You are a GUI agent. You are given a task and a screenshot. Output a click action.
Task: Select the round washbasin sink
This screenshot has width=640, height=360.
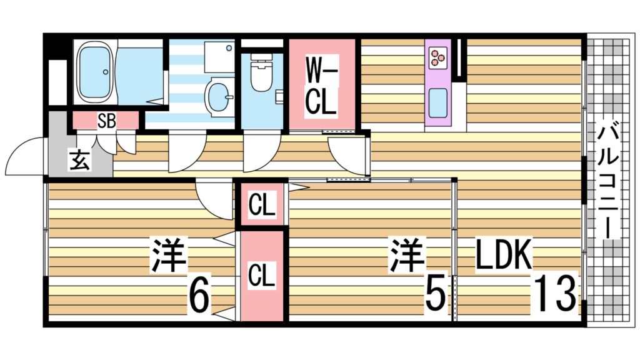pos(218,97)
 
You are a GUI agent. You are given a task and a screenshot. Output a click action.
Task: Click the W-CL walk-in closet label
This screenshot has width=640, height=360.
pos(321,84)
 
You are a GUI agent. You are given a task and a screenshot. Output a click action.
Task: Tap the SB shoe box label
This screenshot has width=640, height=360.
pos(106,121)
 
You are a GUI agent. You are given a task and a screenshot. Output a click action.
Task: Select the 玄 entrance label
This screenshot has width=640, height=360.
pos(79,161)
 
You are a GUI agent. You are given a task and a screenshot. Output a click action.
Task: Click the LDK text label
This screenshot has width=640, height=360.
pos(503,256)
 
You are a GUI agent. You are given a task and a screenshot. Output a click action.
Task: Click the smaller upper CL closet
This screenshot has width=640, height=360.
pos(262,204)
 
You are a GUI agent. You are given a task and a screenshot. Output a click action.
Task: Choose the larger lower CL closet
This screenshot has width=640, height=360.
pos(262,275)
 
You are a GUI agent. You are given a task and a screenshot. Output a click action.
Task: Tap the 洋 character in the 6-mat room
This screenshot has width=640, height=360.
pos(168,256)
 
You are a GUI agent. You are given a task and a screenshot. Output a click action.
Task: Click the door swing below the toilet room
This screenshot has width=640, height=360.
pos(259,154)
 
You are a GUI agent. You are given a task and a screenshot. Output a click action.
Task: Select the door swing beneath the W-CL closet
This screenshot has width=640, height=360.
pos(347,154)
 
